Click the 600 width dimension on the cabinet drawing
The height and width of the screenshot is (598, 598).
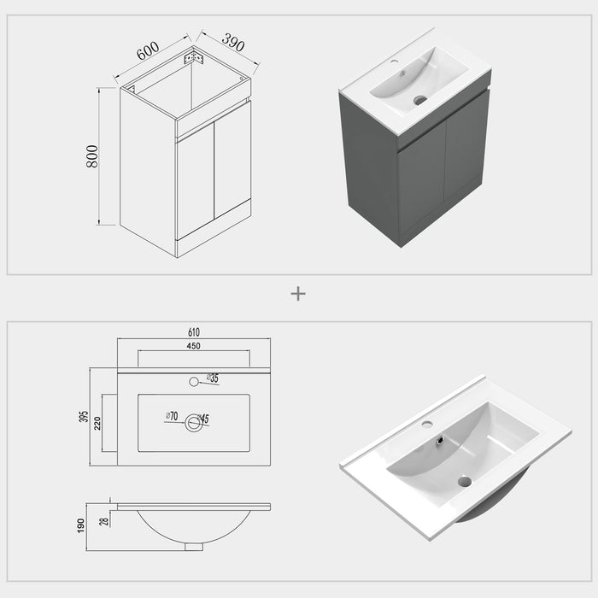[148, 52]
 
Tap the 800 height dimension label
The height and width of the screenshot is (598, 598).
[92, 156]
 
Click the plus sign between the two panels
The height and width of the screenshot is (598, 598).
[298, 294]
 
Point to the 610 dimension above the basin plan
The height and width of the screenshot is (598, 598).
[194, 332]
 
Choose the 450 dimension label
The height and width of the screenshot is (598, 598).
[194, 346]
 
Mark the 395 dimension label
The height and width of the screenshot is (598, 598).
[85, 416]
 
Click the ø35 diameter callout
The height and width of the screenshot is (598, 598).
[212, 378]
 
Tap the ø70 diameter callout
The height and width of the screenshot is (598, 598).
[171, 417]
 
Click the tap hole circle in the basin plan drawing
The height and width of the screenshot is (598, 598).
[194, 381]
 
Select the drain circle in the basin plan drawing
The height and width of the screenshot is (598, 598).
[194, 422]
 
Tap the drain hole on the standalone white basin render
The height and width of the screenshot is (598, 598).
[464, 481]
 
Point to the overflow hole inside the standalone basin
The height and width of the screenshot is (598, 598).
[440, 441]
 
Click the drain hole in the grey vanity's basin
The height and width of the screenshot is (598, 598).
[419, 100]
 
